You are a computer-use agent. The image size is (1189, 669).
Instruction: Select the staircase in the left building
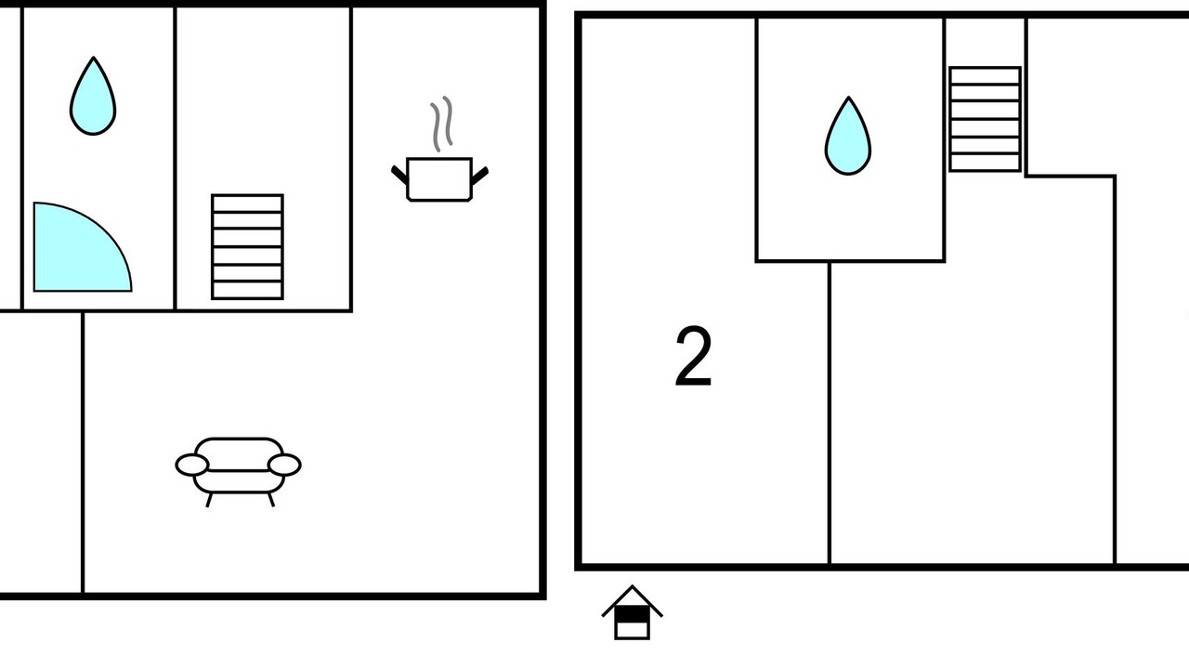pyautogui.click(x=247, y=247)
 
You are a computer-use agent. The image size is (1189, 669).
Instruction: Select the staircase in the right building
pyautogui.click(x=986, y=119)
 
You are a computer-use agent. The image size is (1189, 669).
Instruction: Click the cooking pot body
pyautogui.click(x=439, y=179)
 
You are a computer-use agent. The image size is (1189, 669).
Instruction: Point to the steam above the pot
pyautogui.click(x=441, y=124)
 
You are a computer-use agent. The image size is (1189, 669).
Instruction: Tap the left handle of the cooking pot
pyautogui.click(x=399, y=175)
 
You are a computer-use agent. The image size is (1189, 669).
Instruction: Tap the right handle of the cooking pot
pyautogui.click(x=479, y=176)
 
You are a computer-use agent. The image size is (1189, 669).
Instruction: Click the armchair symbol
pyautogui.click(x=239, y=471)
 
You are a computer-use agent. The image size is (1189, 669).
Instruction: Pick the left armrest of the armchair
pyautogui.click(x=191, y=466)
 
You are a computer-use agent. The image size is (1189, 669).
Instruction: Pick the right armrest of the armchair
pyautogui.click(x=284, y=466)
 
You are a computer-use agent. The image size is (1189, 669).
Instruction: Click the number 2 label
pyautogui.click(x=693, y=356)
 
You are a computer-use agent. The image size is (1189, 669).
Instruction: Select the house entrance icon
pyautogui.click(x=632, y=612)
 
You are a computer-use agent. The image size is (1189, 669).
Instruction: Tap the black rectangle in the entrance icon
pyautogui.click(x=632, y=615)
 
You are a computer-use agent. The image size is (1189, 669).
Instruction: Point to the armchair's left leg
pyautogui.click(x=209, y=500)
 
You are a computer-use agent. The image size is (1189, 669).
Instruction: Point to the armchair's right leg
pyautogui.click(x=271, y=500)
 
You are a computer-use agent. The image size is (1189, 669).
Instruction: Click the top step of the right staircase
pyautogui.click(x=986, y=75)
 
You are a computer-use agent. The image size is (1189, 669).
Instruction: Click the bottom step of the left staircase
pyautogui.click(x=247, y=291)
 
